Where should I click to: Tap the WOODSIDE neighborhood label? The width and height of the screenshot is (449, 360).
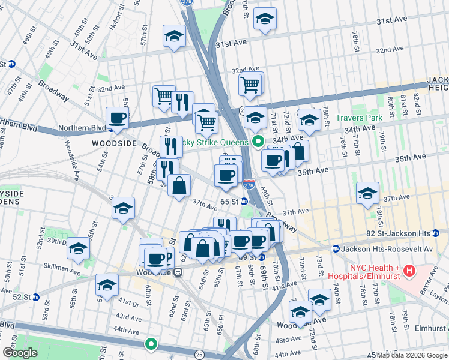[x=112, y=144]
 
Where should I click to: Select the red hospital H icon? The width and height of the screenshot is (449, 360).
[x=409, y=271]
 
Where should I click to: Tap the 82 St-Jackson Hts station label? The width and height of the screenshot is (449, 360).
[x=408, y=233]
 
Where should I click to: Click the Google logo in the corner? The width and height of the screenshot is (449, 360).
[x=20, y=353]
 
